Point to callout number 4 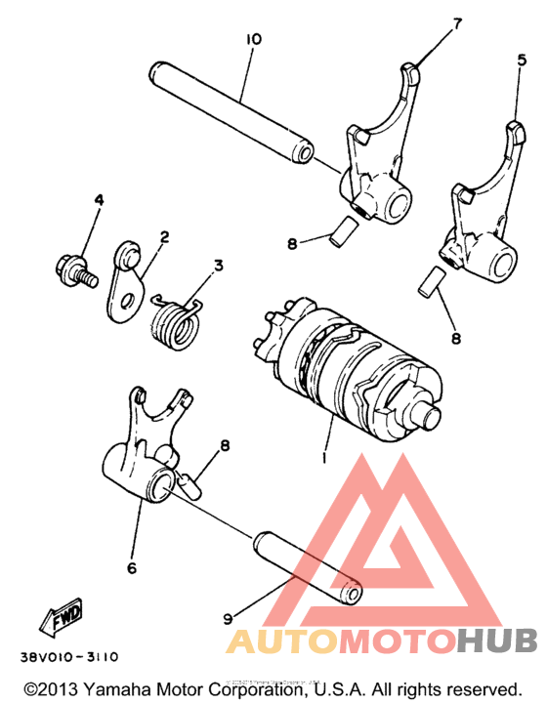click(x=98, y=200)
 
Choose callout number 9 click(x=228, y=617)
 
